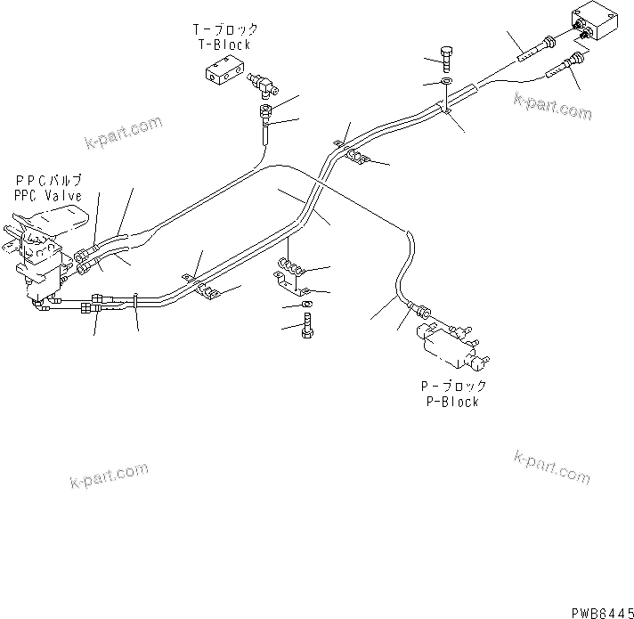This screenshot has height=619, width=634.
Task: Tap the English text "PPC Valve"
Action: click(x=48, y=195)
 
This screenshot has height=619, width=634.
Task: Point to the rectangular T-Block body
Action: click(x=223, y=76)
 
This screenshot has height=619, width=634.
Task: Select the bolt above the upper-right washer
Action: click(x=447, y=58)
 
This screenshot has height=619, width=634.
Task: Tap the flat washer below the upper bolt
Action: click(x=446, y=83)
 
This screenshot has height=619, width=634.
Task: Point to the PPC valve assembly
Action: click(x=40, y=254)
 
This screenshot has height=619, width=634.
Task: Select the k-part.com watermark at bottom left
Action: click(x=108, y=477)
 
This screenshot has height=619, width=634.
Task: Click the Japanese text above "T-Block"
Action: click(x=226, y=29)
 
